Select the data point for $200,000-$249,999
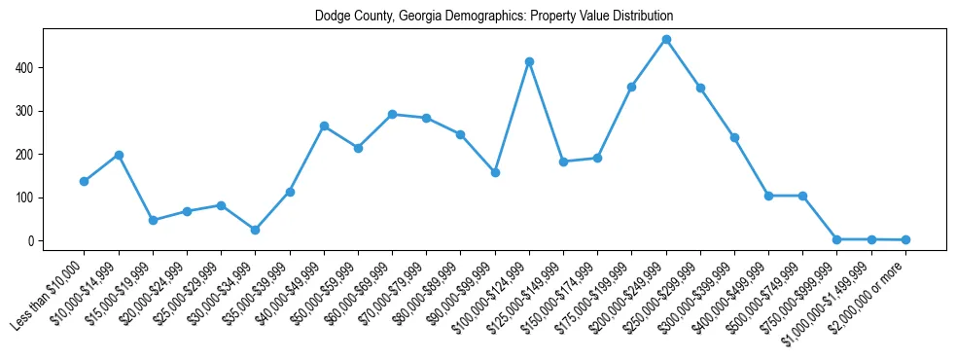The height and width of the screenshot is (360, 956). tap(666, 40)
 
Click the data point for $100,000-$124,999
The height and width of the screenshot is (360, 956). tap(529, 61)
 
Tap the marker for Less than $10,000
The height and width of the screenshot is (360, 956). tap(85, 181)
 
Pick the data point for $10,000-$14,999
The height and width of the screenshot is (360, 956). tap(119, 155)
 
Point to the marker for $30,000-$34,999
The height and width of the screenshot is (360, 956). tap(255, 230)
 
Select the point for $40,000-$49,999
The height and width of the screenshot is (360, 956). tap(324, 126)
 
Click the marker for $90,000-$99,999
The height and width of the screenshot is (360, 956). tap(495, 172)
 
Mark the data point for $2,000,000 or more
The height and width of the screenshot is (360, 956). tap(905, 239)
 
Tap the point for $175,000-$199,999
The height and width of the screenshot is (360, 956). tap(632, 87)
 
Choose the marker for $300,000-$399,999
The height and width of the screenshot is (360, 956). tap(734, 137)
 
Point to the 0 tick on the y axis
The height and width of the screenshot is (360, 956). tap(32, 241)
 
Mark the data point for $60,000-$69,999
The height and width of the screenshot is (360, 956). tap(392, 114)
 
